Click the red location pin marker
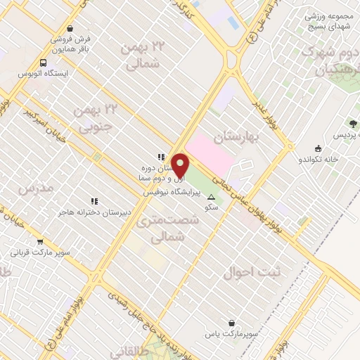click(181, 165)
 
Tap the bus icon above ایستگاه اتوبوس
click(44, 62)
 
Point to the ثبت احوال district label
click(246, 271)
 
